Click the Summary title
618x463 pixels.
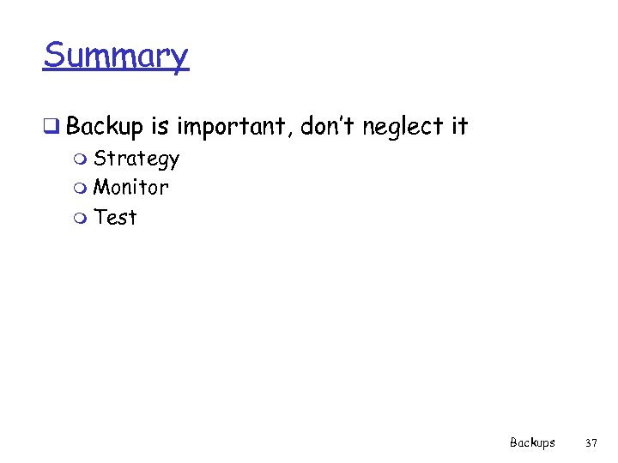(116, 56)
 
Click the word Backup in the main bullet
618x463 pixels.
(104, 127)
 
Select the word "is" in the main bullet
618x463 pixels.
(160, 127)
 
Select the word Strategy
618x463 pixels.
(136, 159)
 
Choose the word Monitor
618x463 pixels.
(131, 187)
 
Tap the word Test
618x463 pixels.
(116, 217)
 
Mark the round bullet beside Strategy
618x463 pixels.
(81, 159)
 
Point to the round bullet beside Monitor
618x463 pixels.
(81, 188)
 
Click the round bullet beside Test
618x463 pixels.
(81, 218)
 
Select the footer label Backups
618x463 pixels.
(532, 442)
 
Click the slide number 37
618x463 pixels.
(591, 442)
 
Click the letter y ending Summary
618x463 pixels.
(179, 60)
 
